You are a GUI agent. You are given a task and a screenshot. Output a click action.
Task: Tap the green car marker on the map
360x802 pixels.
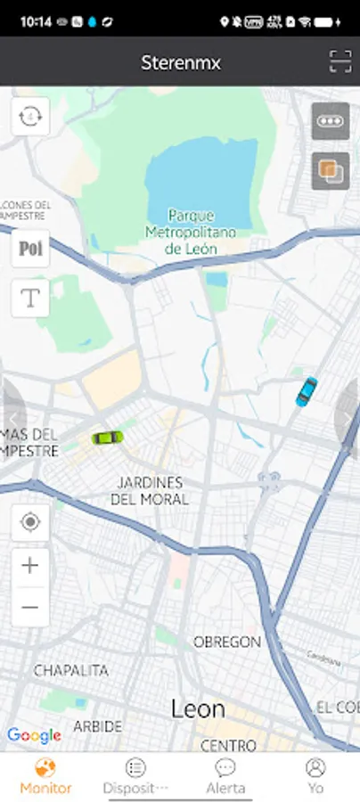pos(107,437)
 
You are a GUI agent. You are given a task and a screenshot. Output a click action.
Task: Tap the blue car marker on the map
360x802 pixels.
pos(307,391)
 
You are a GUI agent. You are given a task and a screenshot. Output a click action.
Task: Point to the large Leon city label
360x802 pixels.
pos(198,709)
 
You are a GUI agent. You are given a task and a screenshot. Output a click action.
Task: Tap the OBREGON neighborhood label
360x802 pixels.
pos(227,642)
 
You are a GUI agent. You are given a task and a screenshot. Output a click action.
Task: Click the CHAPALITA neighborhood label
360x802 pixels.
pos(71,670)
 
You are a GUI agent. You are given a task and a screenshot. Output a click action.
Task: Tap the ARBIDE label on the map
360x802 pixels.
pos(98,726)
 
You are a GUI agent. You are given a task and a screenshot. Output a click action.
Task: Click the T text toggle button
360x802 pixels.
pos(30,299)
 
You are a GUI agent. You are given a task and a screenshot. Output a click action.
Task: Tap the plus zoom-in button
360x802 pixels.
pos(30,565)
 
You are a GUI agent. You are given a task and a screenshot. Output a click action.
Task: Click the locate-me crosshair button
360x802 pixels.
pos(30,522)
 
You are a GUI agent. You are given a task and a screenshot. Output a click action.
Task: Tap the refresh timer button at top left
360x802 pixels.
pos(30,117)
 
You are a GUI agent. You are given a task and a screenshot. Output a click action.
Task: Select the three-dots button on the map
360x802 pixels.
pos(331,122)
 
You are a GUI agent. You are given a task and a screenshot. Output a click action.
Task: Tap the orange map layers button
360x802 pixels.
pos(331,171)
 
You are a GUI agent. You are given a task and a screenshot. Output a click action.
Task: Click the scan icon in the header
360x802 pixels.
pos(340,61)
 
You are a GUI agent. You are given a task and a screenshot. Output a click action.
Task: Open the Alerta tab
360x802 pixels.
pos(225,775)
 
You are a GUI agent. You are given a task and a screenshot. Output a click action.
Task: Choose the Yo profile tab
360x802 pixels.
pos(315,775)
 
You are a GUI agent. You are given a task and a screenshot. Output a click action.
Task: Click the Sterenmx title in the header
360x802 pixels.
pos(180,62)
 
